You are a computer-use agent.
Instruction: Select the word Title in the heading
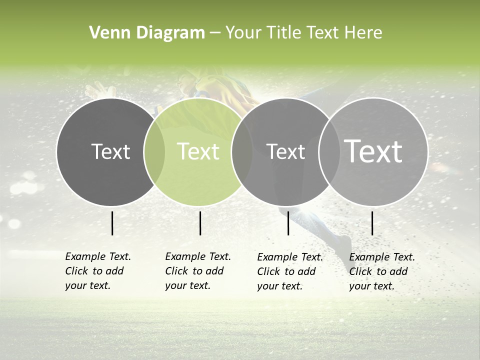[x=284, y=33]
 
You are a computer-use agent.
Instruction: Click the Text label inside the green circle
[x=198, y=151]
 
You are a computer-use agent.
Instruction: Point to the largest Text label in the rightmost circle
[x=373, y=151]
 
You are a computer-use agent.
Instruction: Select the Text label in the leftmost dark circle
[x=110, y=151]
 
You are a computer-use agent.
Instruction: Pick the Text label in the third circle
[x=285, y=151]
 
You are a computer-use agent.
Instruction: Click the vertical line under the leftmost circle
[x=112, y=223]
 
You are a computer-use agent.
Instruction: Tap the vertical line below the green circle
[x=200, y=223]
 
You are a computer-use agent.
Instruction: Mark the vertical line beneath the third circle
[x=288, y=223]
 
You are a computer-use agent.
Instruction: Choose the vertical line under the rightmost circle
[x=372, y=223]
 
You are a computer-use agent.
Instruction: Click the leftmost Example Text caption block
[x=98, y=271]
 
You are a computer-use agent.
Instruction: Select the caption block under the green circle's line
[x=198, y=271]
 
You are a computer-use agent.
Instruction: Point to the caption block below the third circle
[x=290, y=271]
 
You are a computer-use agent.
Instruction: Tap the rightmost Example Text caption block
[x=382, y=271]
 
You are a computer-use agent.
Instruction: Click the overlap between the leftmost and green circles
[x=154, y=151]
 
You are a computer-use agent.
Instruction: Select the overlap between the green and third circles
[x=242, y=151]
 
